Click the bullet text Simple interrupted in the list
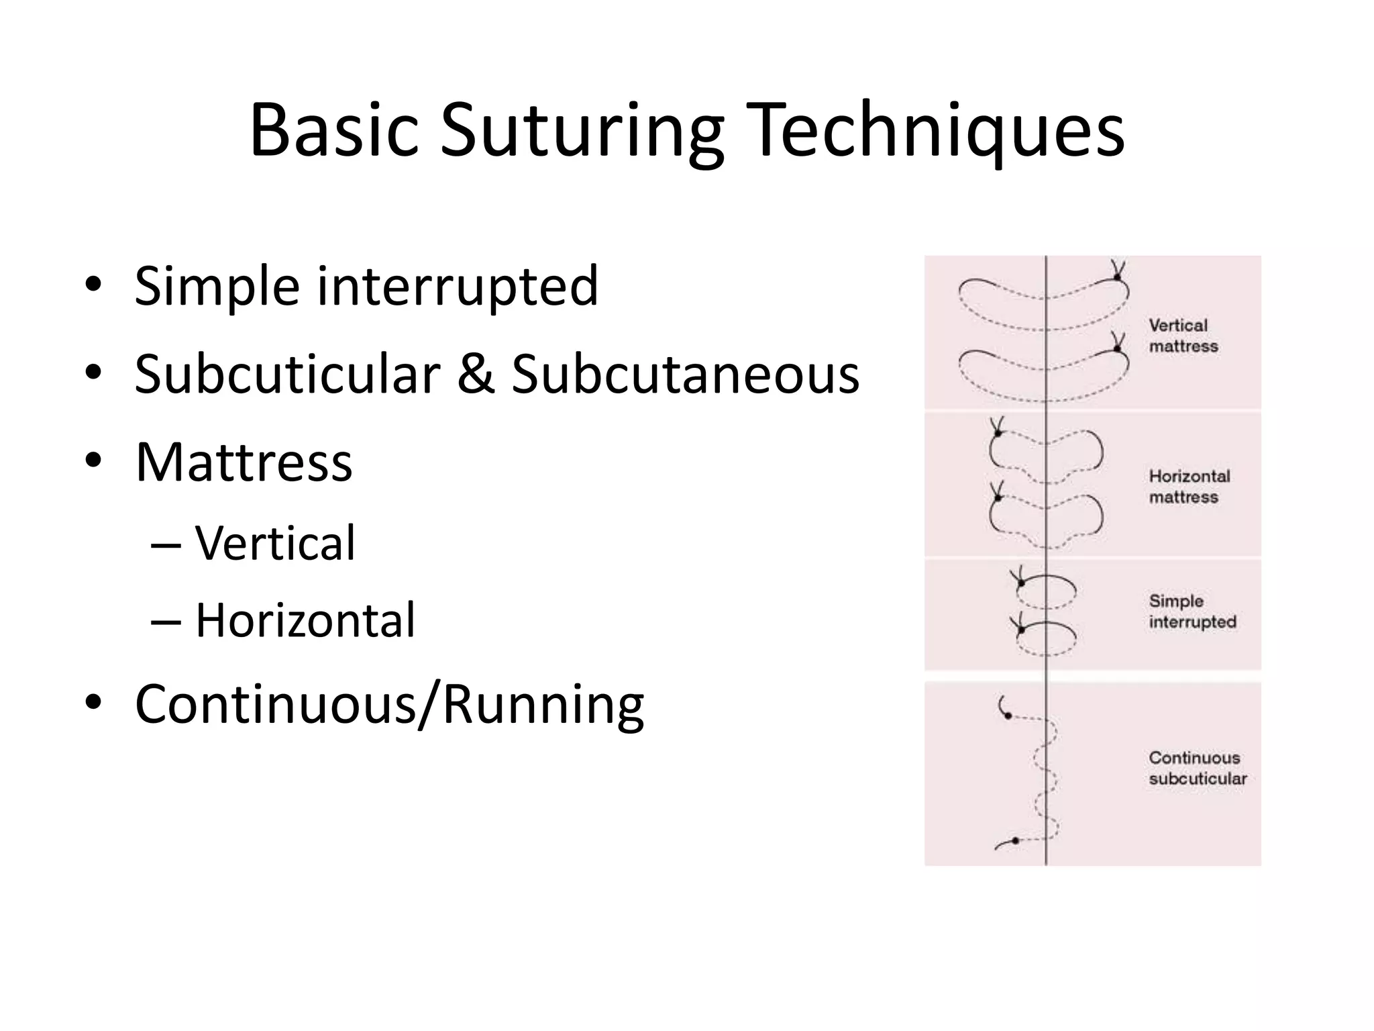pos(366,286)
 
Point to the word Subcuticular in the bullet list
pos(286,374)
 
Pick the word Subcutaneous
pos(685,374)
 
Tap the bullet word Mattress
pos(244,462)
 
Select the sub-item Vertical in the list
pos(275,543)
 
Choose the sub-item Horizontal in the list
pos(305,620)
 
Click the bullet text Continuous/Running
pos(389,705)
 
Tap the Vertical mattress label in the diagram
pos(1183,336)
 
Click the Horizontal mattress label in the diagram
pos(1189,487)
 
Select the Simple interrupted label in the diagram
pos(1192,611)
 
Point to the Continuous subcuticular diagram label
pos(1198,768)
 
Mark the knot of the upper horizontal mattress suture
pos(998,434)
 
